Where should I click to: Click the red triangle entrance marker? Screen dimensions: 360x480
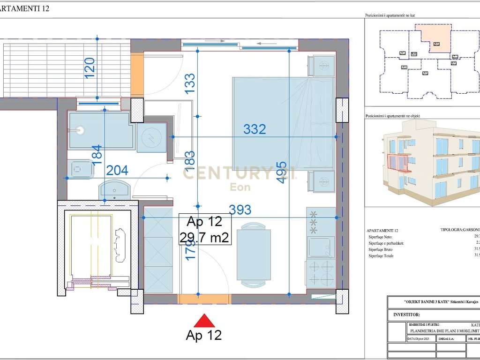204,321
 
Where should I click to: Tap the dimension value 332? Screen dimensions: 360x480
255,129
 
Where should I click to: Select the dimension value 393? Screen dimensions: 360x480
240,210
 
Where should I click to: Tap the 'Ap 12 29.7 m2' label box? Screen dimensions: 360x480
205,229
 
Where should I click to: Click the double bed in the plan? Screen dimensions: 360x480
283,123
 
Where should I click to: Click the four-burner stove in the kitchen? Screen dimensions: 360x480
321,273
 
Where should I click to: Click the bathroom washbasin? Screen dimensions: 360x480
115,190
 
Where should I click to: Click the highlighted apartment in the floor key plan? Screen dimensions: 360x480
435,41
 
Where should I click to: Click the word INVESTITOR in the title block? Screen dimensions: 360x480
406,315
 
